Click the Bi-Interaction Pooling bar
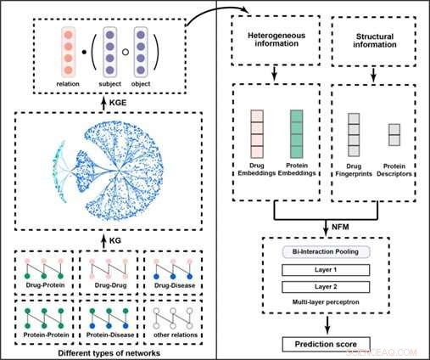325,253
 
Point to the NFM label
338,224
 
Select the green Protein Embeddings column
296,133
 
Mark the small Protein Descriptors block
394,134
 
